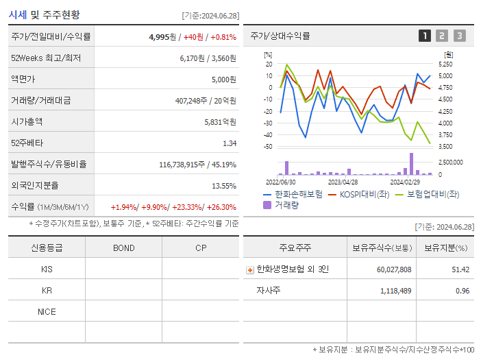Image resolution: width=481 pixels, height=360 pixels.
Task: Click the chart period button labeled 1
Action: pos(425,36)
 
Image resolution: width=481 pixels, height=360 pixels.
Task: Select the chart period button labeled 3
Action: pos(459,36)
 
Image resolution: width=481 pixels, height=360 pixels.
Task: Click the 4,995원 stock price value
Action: pos(162,37)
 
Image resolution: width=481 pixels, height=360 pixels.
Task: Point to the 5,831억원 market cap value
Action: pos(220,122)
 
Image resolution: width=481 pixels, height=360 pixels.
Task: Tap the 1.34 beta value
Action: pos(230,143)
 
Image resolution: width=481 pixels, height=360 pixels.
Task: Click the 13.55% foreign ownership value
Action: pos(224,186)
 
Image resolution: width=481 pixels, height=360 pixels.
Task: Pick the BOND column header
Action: pos(123,248)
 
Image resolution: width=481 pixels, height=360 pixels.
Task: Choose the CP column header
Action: pos(201,248)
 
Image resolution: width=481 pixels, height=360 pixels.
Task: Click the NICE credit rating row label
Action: pos(47,312)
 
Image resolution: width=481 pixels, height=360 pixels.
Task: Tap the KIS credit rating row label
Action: pos(47,269)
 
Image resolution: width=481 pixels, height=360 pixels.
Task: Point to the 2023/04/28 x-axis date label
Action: pos(343,182)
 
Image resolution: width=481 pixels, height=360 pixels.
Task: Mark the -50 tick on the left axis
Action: pos(268,147)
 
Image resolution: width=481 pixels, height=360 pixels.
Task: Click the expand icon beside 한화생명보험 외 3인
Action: pos(249,270)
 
